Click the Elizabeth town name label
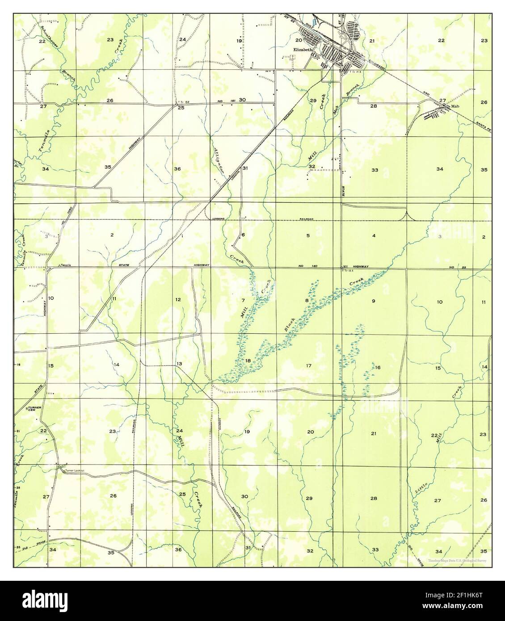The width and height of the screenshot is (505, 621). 302,50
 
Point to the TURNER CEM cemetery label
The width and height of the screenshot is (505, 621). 34,409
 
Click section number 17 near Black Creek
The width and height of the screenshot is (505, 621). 308,366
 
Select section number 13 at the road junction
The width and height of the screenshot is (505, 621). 179,364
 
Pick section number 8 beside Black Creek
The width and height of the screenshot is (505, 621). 307,301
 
